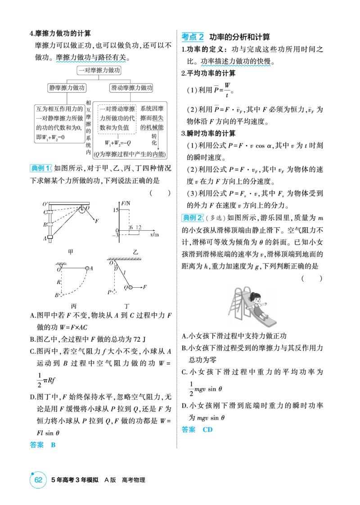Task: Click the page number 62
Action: point(38,480)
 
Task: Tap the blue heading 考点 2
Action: point(193,37)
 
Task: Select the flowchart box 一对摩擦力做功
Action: point(99,70)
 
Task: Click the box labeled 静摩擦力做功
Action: point(67,88)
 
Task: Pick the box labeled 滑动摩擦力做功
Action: point(131,88)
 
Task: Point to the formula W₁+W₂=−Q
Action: point(117,143)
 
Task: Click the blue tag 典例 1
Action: point(40,168)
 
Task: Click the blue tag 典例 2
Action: point(193,218)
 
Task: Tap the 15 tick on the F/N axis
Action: point(116,210)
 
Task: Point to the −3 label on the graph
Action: point(115,236)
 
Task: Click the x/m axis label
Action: point(154,235)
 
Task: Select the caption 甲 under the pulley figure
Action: point(71,252)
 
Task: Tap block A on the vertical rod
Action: point(50,238)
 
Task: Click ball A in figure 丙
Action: point(87,268)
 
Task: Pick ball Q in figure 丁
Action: point(130,287)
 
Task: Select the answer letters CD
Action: point(207,429)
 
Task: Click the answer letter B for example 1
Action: point(53,445)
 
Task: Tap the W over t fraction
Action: point(227,89)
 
